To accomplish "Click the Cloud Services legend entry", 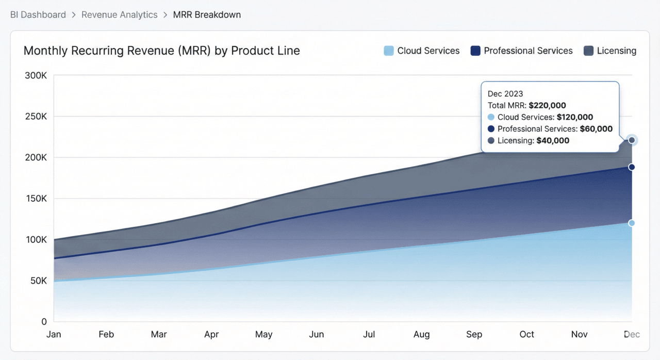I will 422,51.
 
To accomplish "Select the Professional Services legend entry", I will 522,51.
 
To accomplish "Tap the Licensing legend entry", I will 610,51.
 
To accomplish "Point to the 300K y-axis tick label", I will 36,75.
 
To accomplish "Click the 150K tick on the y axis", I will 36,199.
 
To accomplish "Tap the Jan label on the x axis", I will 54,334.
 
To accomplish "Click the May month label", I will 263,334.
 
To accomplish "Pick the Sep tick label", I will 474,334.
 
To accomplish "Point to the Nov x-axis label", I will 579,334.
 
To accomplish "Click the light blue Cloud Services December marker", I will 632,223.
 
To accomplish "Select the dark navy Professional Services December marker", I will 632,167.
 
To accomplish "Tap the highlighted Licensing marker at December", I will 632,140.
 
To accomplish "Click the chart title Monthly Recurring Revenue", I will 161,51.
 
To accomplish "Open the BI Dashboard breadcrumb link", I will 38,14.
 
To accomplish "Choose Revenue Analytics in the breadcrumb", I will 119,14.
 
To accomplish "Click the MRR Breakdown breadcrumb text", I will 207,14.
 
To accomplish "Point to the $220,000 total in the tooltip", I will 547,105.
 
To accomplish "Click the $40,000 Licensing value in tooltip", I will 553,140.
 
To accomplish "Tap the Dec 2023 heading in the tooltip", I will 505,93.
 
